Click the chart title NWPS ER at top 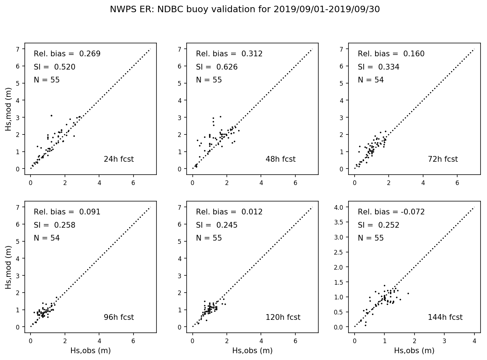(245, 10)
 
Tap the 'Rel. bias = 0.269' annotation (67, 54)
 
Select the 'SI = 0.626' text (216, 67)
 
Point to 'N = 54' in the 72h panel (371, 80)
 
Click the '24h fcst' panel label (118, 159)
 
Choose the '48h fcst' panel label (280, 159)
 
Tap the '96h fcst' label (118, 317)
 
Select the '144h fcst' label (445, 317)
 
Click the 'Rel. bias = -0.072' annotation (391, 212)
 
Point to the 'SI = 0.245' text (216, 225)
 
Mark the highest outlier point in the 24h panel (51, 115)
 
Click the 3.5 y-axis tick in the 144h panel (340, 222)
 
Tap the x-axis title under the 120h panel (252, 351)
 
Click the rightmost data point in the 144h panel (408, 293)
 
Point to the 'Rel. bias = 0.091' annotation (67, 212)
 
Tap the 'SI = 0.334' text (378, 67)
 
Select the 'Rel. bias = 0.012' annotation (229, 212)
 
